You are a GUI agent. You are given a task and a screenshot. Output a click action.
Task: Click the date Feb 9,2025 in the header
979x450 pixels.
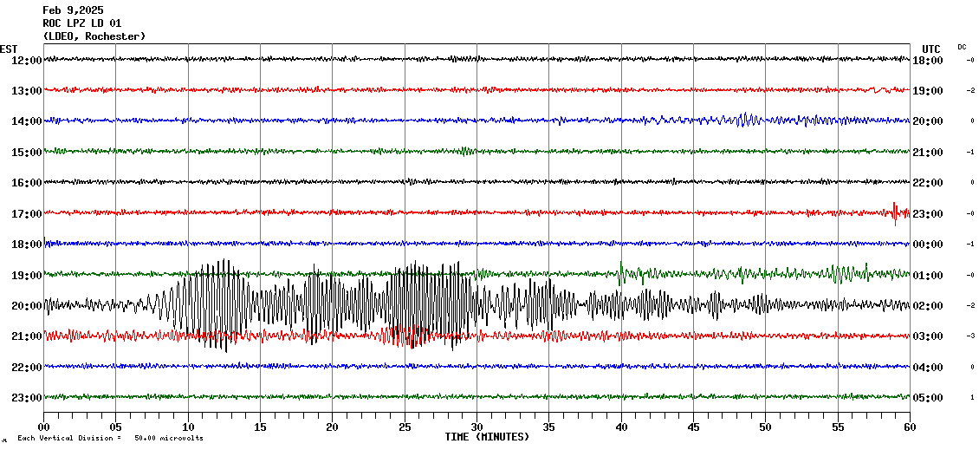(73, 10)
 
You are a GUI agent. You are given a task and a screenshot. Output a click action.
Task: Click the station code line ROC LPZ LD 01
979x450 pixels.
(82, 23)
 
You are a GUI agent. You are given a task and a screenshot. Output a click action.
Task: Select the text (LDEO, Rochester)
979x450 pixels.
(94, 36)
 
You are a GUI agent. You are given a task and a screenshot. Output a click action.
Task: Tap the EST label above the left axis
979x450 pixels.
(9, 49)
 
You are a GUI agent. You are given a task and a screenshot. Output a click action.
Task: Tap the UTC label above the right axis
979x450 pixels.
(931, 49)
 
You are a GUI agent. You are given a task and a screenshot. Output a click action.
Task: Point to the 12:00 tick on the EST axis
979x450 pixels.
(26, 60)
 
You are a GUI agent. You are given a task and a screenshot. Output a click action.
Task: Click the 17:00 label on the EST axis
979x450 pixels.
(26, 213)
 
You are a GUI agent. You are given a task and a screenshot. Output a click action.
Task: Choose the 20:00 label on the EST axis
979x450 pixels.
(26, 305)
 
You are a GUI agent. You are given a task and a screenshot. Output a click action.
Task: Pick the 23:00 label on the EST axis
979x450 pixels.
(26, 398)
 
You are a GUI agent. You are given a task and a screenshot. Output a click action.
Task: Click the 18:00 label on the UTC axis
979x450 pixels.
(927, 61)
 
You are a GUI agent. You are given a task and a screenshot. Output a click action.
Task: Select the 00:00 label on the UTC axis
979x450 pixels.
(927, 245)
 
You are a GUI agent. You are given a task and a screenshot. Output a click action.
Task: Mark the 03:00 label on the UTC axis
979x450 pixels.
(927, 336)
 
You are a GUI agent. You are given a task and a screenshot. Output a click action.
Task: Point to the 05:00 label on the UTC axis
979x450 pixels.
(927, 398)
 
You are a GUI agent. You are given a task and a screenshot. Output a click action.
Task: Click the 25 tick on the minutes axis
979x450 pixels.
(405, 427)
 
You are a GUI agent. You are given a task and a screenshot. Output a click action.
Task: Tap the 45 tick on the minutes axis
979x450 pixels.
(693, 427)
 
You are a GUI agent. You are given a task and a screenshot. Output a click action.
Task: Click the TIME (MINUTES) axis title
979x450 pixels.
(487, 437)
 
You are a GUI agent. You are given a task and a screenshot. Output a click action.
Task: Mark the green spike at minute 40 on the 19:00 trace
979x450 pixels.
(621, 271)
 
